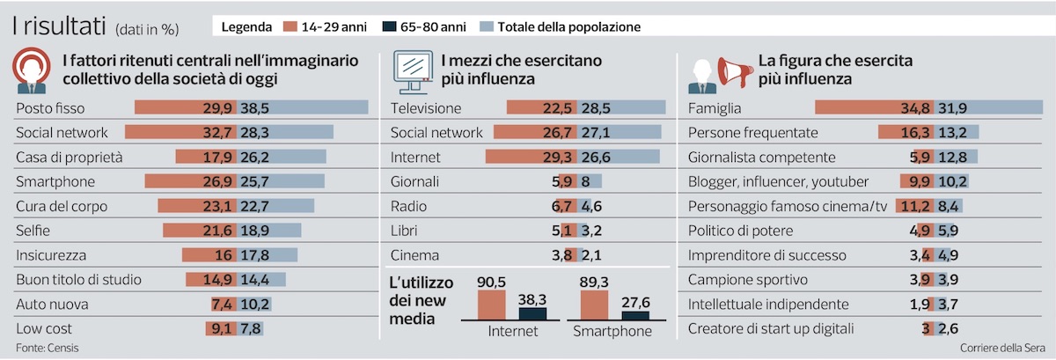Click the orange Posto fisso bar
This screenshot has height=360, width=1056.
tap(186, 107)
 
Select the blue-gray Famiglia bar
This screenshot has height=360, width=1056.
tap(988, 107)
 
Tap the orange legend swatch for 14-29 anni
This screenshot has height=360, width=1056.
tap(290, 27)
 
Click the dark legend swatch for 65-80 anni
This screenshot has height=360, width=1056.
tap(389, 27)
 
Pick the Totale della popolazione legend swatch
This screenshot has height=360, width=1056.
tap(487, 27)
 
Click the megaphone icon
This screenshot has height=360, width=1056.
tap(735, 72)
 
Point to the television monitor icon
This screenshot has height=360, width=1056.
tap(413, 71)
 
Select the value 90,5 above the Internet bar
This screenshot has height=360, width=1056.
tap(491, 283)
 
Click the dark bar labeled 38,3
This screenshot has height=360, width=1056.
tap(532, 314)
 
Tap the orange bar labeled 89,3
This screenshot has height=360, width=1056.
tap(594, 305)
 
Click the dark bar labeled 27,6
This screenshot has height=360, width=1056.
tap(635, 316)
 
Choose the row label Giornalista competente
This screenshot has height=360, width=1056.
tap(761, 158)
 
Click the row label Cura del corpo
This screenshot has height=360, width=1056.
tap(62, 207)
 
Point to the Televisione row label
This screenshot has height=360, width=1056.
tap(426, 108)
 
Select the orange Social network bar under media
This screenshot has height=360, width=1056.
tap(536, 132)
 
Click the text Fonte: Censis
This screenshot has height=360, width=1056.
tap(48, 349)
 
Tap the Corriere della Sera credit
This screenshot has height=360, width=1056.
tap(1002, 349)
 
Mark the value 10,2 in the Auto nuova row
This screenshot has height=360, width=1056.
tap(255, 305)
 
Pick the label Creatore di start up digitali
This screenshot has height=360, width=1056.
tap(771, 329)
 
